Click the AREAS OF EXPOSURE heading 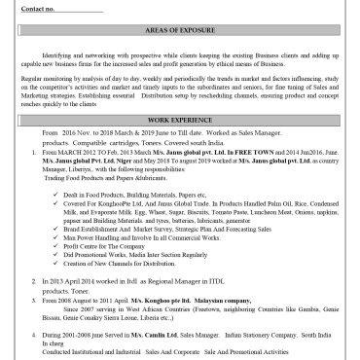pos(184,30)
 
